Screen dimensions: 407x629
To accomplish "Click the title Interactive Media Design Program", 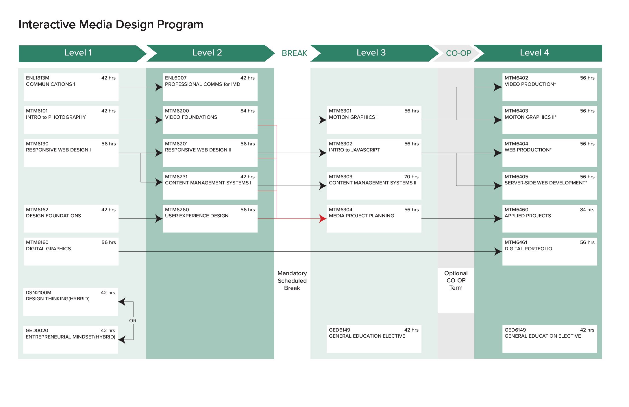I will tap(111, 25).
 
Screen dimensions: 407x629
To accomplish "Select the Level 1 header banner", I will tap(78, 53).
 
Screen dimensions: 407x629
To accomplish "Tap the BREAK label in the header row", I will tap(294, 53).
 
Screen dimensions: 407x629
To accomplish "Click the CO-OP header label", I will tap(458, 53).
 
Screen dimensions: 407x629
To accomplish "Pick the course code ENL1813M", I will tap(38, 78).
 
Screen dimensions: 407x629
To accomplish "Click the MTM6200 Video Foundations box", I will tap(210, 120).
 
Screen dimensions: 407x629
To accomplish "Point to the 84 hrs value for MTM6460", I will tap(587, 210).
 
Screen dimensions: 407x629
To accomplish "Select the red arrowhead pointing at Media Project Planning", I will tap(323, 219).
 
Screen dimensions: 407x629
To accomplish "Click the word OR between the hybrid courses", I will tap(133, 321).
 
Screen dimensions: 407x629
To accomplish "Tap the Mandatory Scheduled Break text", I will tap(292, 280).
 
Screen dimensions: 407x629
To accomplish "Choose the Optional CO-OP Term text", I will tap(456, 280).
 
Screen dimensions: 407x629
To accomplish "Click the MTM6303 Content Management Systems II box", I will tap(374, 186).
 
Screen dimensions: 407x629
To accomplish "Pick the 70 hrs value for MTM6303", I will tap(411, 177).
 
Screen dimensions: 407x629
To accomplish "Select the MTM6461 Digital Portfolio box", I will tap(550, 251).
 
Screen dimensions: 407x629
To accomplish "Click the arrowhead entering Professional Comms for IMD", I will tap(159, 87).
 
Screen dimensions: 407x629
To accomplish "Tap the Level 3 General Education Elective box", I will tap(374, 338).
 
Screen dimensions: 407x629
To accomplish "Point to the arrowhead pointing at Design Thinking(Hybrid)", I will tap(122, 302).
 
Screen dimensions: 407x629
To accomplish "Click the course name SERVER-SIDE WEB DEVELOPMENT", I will tap(545, 183).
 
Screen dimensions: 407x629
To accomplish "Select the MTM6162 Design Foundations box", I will tap(71, 219).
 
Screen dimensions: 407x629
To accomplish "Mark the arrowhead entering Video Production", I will tap(498, 87).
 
